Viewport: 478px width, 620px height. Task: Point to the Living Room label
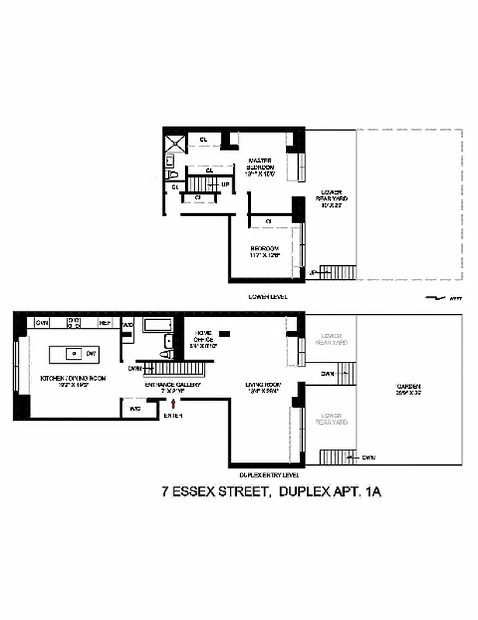click(262, 387)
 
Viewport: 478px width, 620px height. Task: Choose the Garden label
click(406, 387)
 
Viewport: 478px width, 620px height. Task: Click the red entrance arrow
click(184, 406)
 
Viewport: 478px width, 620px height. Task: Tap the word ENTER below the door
click(173, 416)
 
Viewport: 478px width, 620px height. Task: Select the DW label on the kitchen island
click(91, 353)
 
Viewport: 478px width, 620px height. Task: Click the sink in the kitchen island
click(74, 353)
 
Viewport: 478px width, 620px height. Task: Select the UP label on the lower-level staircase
click(225, 184)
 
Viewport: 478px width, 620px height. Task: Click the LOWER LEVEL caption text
click(268, 297)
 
